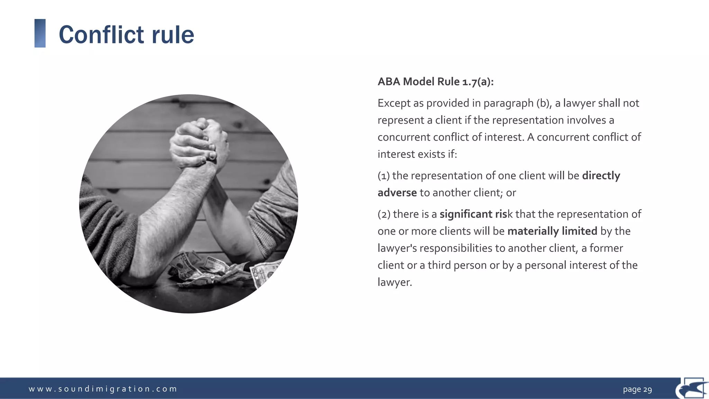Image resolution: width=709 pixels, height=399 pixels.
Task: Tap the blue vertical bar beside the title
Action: click(40, 33)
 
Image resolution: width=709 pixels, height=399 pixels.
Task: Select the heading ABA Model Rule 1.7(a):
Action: click(436, 82)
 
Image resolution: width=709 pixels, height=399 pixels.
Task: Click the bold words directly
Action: click(601, 176)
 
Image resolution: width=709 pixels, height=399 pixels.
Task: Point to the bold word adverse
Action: click(397, 193)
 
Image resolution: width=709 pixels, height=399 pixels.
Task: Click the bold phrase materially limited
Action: click(552, 231)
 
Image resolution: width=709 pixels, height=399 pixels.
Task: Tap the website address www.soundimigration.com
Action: click(103, 389)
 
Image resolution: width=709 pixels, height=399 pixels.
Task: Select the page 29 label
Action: click(637, 389)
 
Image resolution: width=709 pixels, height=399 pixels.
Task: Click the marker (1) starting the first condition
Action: click(384, 176)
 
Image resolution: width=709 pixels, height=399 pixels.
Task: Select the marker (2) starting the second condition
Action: click(384, 214)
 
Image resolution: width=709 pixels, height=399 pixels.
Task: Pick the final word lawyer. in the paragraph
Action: click(395, 282)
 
